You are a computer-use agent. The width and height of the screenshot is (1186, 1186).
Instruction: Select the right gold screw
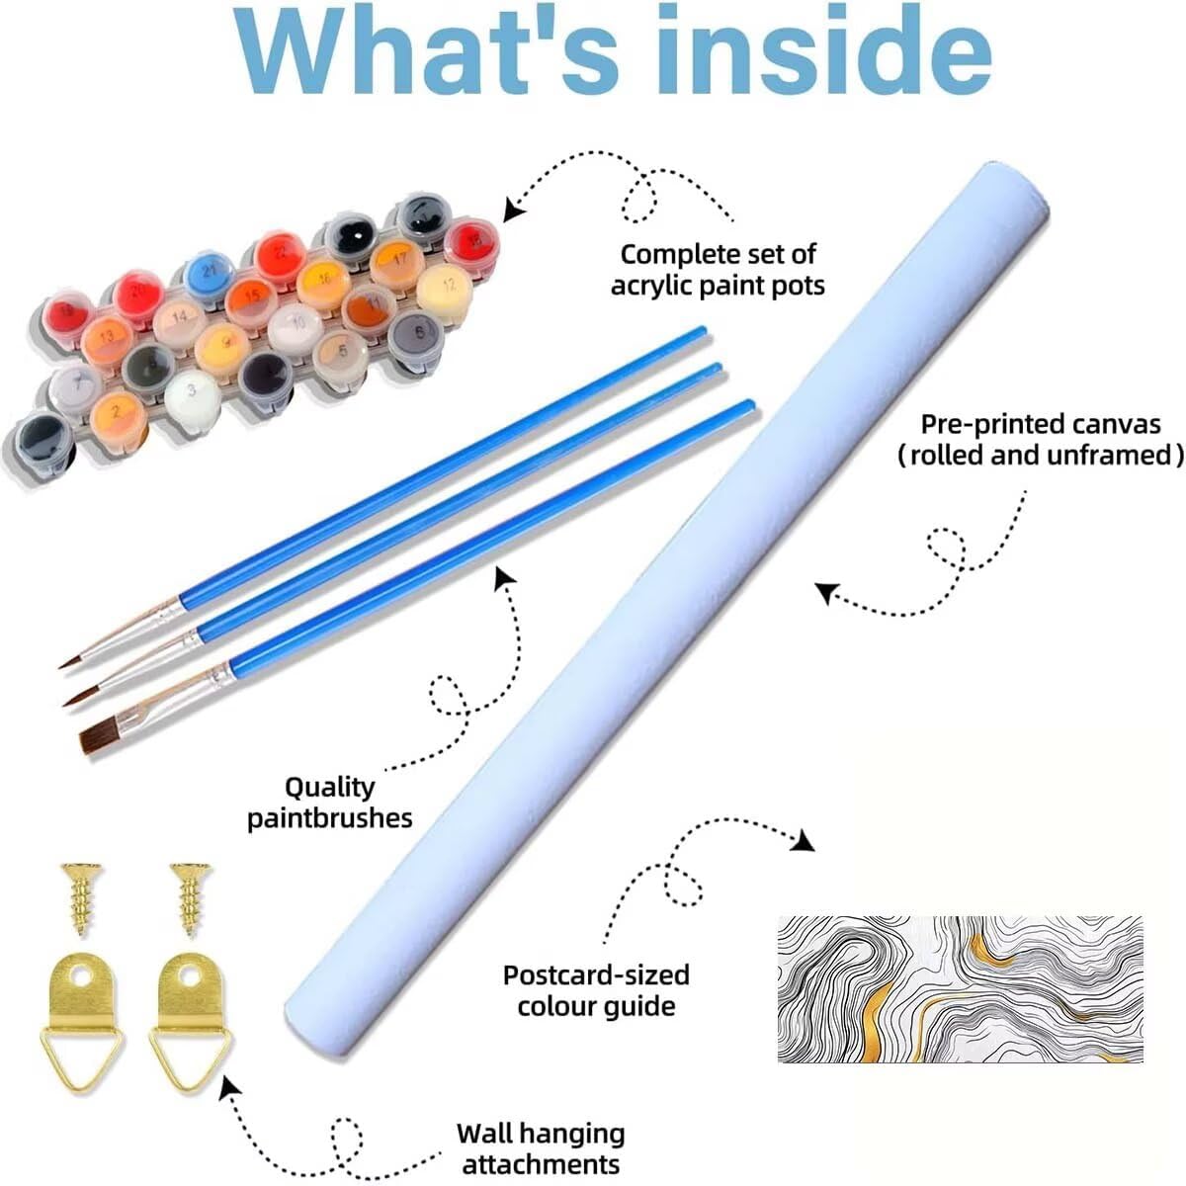pyautogui.click(x=189, y=895)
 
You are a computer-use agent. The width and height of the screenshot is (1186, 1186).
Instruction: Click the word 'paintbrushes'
pyautogui.click(x=329, y=818)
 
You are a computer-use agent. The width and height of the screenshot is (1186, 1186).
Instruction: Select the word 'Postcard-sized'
pyautogui.click(x=596, y=974)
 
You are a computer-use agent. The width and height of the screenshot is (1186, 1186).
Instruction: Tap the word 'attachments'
pyautogui.click(x=541, y=1163)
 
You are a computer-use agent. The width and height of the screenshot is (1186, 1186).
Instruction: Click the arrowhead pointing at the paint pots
pyautogui.click(x=512, y=210)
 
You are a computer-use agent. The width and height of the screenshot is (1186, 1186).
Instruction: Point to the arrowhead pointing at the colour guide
pyautogui.click(x=804, y=841)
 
